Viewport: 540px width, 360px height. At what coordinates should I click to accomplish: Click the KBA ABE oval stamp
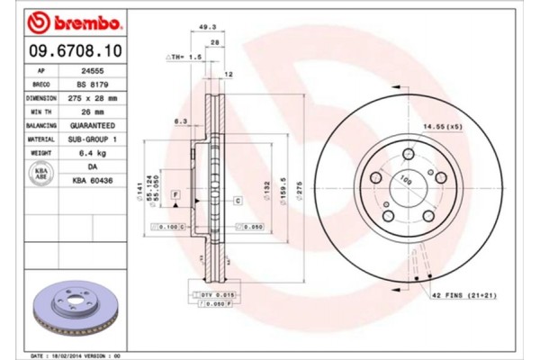click(40, 175)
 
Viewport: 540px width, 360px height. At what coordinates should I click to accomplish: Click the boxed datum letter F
click(175, 194)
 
